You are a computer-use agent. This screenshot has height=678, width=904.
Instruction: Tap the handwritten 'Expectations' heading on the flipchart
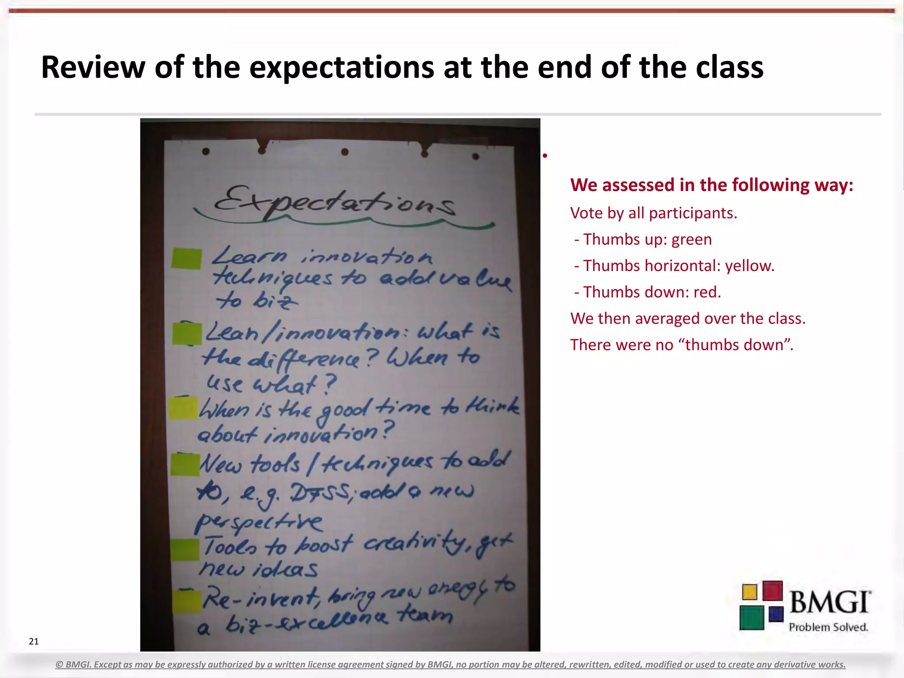click(x=334, y=203)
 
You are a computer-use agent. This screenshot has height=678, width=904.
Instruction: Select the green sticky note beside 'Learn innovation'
click(x=186, y=259)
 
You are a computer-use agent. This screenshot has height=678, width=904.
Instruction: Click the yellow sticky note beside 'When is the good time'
click(x=183, y=408)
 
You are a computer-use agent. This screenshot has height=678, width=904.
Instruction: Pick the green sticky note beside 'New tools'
click(x=185, y=465)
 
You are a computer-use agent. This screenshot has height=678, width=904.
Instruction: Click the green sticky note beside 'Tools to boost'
click(x=185, y=550)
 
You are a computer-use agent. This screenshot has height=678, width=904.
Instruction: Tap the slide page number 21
click(x=34, y=641)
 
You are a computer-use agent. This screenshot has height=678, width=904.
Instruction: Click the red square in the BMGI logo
click(x=772, y=591)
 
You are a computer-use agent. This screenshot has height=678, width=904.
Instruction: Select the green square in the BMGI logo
click(x=752, y=618)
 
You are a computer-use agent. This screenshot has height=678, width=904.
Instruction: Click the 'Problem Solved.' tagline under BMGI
click(x=828, y=627)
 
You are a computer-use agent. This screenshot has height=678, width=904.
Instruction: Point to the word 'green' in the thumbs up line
click(x=691, y=239)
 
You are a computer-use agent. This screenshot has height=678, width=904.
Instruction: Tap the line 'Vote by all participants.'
click(x=653, y=213)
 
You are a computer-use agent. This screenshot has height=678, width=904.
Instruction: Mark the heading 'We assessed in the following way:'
click(x=712, y=185)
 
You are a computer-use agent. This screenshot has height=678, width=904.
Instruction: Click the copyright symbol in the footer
click(x=60, y=665)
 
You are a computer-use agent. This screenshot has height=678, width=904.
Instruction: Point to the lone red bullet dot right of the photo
click(x=545, y=155)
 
